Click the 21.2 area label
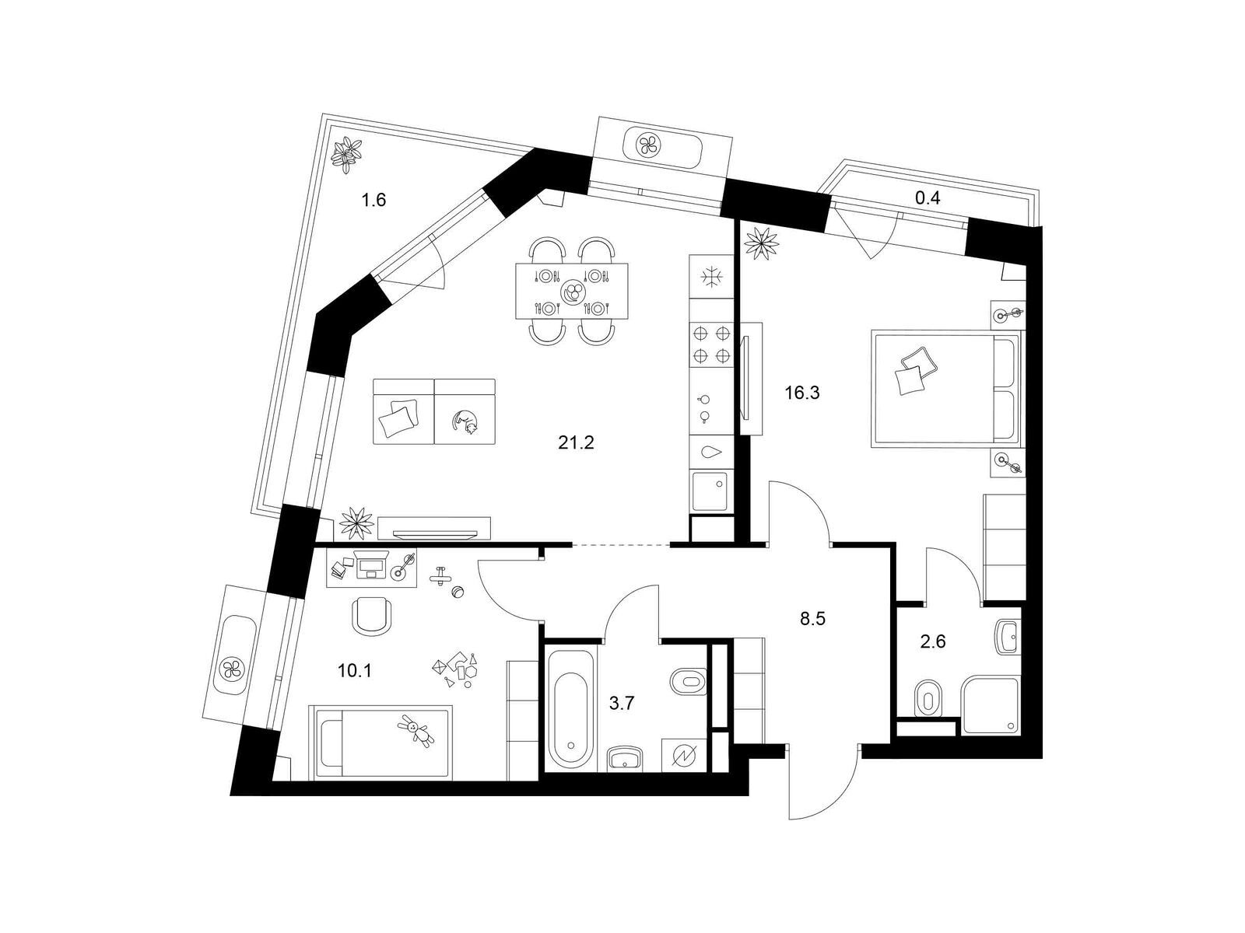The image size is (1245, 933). (576, 442)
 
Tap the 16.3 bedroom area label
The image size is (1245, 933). (802, 393)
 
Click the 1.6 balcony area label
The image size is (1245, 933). (373, 200)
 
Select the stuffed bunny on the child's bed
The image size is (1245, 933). (417, 731)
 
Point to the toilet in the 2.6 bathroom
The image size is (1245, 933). (928, 698)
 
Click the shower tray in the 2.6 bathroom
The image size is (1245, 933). (991, 704)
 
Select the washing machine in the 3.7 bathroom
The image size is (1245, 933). (685, 754)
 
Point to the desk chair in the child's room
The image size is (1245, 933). (372, 616)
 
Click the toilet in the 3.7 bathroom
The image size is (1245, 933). (688, 680)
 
